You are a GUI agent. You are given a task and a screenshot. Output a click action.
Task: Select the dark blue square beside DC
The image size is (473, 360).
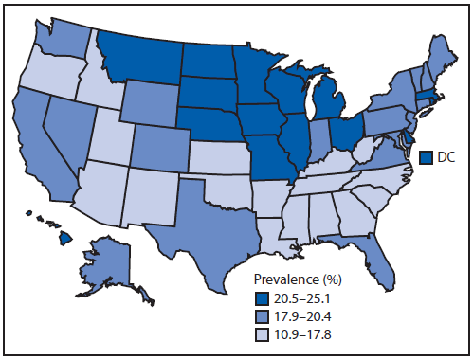coord(427,156)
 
